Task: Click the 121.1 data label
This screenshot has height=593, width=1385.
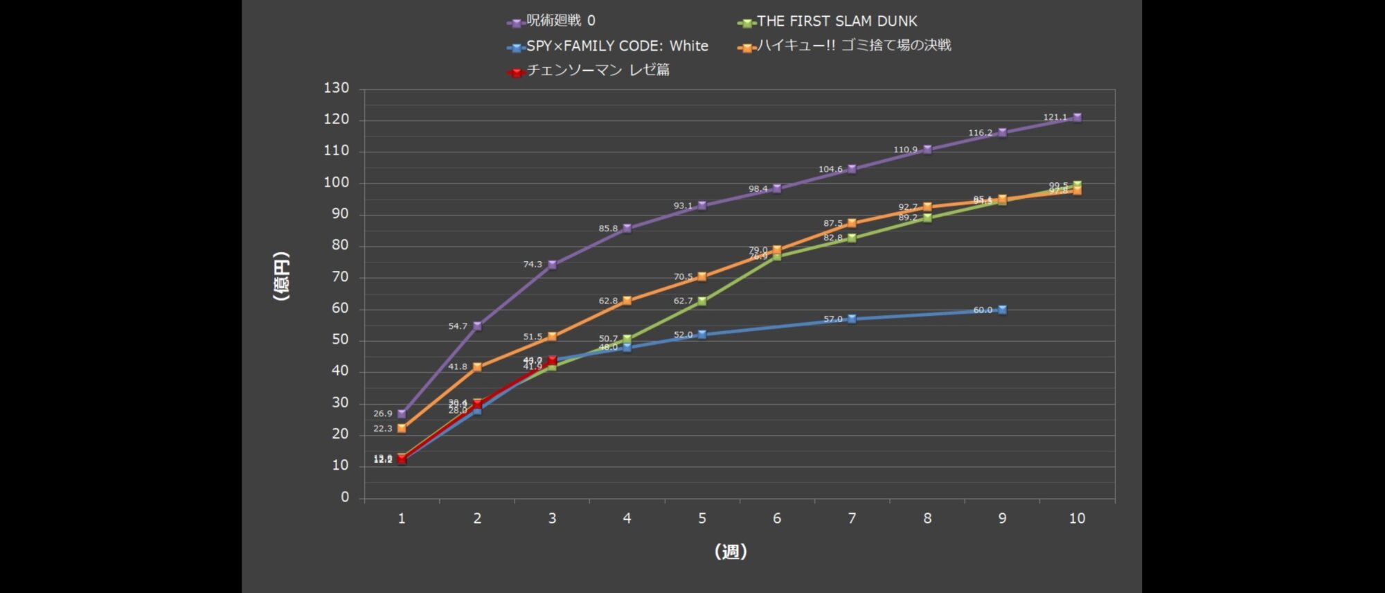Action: [1055, 118]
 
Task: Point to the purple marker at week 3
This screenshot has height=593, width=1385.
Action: [552, 265]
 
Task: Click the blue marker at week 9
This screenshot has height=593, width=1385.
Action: [1002, 310]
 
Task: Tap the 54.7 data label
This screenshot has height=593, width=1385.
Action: [458, 326]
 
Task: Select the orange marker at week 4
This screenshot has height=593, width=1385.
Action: [627, 301]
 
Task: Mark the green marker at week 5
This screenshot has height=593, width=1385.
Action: [702, 301]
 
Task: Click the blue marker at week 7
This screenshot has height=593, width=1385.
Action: [852, 319]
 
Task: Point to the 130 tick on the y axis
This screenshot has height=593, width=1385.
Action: [336, 88]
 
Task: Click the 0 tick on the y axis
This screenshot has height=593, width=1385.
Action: [345, 497]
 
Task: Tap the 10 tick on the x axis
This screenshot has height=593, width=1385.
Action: [1077, 518]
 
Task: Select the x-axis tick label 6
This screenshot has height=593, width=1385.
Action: [777, 518]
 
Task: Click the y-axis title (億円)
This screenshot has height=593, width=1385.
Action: [281, 276]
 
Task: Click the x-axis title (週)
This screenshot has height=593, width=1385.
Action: [731, 551]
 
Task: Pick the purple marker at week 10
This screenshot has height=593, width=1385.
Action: [1077, 118]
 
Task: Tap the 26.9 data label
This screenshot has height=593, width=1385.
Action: [382, 414]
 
